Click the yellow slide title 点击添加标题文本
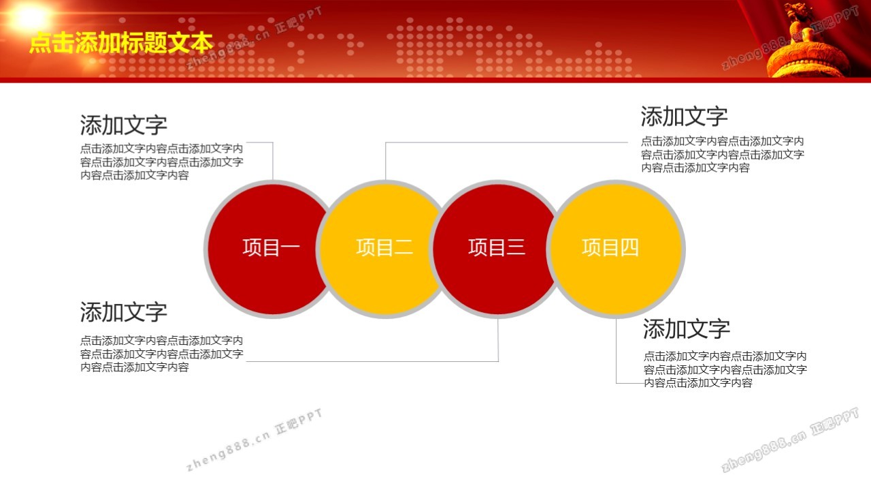pos(121,42)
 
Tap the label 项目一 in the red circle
pos(271,247)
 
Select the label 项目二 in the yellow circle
pos(384,247)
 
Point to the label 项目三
pos(497,247)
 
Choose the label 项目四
pos(610,247)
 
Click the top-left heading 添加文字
pos(124,125)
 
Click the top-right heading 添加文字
pos(685,116)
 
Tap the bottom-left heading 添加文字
pos(124,312)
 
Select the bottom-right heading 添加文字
pos(687,328)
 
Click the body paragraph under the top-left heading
pos(162,162)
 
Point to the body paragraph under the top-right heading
pos(723,154)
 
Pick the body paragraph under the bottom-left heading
pos(162,354)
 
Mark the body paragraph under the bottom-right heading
pos(725,369)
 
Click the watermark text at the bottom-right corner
pos(789,440)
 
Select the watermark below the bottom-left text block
pos(254,440)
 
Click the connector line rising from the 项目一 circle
pos(273,161)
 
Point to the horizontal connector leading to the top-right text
pos(506,142)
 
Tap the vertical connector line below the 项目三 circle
pos(498,340)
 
